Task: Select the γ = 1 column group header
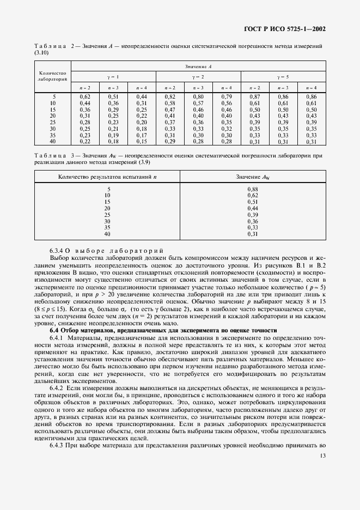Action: pos(113,76)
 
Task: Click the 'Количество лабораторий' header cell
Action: pos(52,76)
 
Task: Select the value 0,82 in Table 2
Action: pos(169,96)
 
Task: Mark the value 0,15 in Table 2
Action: pos(141,142)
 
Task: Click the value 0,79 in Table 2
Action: pos(226,96)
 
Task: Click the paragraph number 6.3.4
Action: pos(57,250)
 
